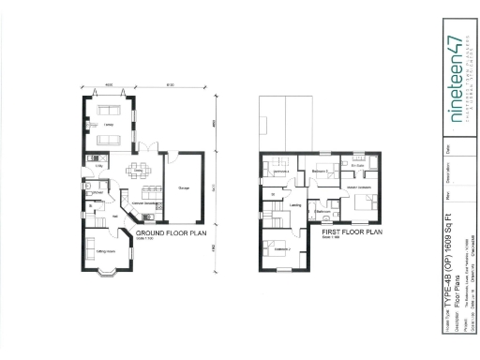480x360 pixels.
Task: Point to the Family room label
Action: [109, 125]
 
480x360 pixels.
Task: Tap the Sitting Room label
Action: [106, 251]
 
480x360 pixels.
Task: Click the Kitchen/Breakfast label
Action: [142, 203]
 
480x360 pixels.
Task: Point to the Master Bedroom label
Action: [359, 187]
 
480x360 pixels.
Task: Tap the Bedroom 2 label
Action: [321, 172]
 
